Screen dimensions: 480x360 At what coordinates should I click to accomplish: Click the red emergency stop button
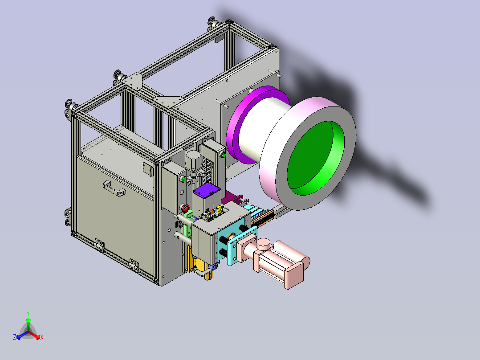185,209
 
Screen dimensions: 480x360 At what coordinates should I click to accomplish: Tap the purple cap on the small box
207,190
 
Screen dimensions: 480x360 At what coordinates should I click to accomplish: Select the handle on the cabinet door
114,188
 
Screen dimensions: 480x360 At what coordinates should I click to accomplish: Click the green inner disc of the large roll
315,158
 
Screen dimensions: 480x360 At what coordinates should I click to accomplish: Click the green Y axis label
28,313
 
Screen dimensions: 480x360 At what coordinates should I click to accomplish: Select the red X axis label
42,337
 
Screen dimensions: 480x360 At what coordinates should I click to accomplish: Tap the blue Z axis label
15,337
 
